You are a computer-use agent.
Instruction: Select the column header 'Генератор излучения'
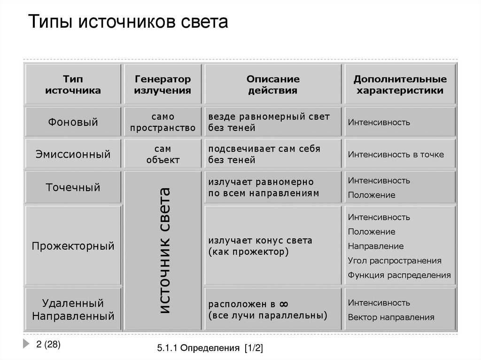tap(163, 84)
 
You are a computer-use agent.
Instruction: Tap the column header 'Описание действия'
tap(272, 84)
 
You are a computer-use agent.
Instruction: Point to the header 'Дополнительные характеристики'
tap(400, 84)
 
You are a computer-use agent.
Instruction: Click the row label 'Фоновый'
tap(73, 123)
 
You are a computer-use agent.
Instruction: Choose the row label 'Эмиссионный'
tap(73, 154)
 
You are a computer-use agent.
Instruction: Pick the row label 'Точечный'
tap(73, 187)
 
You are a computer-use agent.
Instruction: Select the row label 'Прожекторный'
tap(73, 246)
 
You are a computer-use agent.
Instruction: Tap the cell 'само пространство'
tap(163, 122)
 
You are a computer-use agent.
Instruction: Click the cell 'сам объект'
tap(163, 154)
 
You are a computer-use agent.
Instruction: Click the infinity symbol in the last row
tap(283, 303)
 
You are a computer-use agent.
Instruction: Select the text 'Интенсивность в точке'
tap(396, 154)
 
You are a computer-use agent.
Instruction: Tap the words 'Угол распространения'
tap(395, 260)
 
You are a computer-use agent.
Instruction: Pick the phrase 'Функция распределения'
tap(399, 275)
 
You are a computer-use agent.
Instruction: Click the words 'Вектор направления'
tap(391, 317)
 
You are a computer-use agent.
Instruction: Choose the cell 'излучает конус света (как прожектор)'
tap(260, 246)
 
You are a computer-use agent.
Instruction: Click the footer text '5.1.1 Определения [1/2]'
tap(211, 348)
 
